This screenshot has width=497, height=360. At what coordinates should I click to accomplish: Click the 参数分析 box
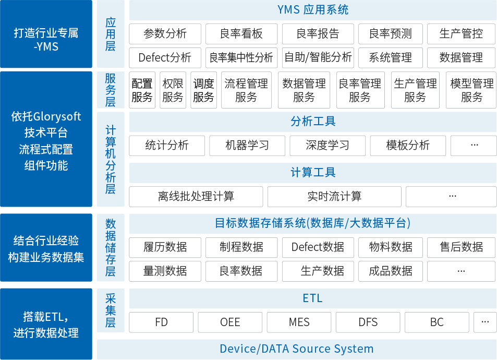(x=165, y=33)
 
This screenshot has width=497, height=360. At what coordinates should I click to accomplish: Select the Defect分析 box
(x=165, y=58)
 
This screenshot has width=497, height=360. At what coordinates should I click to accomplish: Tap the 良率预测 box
(x=391, y=33)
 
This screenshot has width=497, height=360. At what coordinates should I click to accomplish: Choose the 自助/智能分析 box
(x=318, y=58)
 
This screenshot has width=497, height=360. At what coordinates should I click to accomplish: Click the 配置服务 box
(x=142, y=90)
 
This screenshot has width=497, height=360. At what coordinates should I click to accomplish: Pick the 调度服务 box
(x=203, y=90)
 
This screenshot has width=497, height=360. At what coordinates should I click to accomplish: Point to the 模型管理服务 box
(x=471, y=90)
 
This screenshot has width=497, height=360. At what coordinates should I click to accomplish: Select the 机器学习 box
(x=247, y=146)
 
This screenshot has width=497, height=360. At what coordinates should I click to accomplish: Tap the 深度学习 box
(x=328, y=146)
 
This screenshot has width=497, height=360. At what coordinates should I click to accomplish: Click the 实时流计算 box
(x=334, y=197)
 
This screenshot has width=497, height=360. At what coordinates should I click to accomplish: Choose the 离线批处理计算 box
(x=196, y=197)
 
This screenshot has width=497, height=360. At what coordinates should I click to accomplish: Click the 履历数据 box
(x=165, y=247)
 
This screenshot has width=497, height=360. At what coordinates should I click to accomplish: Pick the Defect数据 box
(x=318, y=247)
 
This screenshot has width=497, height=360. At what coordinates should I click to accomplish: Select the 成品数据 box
(x=391, y=271)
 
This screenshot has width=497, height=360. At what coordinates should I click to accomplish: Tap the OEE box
(x=230, y=322)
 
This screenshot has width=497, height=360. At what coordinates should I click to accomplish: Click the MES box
(x=299, y=322)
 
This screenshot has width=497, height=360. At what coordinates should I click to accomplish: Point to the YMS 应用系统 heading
(x=313, y=10)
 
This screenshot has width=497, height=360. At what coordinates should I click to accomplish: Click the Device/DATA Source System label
(x=297, y=349)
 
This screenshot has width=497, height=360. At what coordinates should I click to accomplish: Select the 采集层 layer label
(x=111, y=310)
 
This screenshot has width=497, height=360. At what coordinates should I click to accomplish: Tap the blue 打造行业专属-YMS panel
(x=46, y=34)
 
